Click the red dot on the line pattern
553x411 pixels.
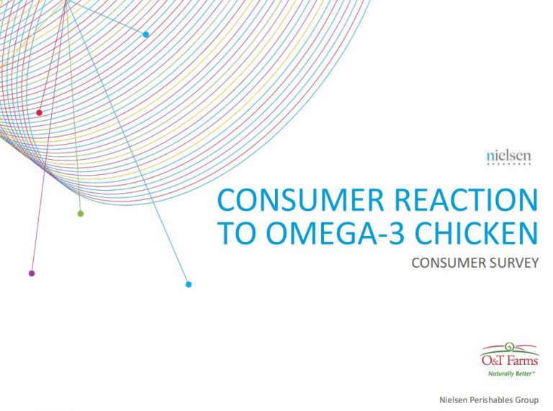tap(39, 113)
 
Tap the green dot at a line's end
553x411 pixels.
tap(81, 213)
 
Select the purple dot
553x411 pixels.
tap(32, 274)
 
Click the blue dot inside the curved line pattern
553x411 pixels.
tap(145, 35)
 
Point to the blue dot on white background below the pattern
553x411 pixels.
tap(189, 284)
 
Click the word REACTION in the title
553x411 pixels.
tap(467, 200)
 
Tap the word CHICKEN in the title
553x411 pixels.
tap(476, 232)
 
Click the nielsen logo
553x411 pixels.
tap(508, 158)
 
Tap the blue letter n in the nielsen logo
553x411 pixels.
tap(490, 157)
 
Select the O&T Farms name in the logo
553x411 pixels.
tap(510, 360)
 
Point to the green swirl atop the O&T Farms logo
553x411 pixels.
tap(508, 347)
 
